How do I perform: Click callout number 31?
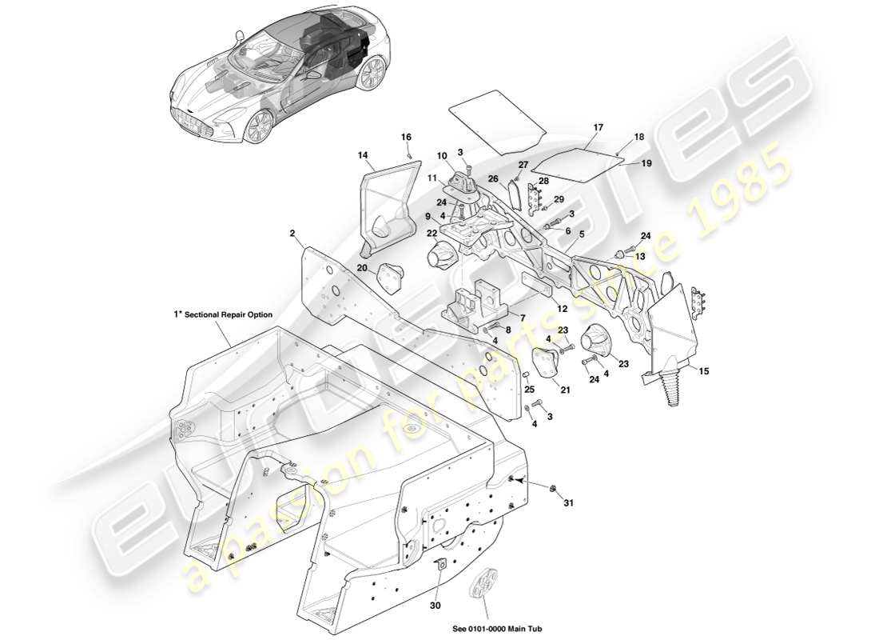[x=568, y=502]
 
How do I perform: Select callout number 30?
[x=435, y=606]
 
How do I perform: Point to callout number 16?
[x=406, y=138]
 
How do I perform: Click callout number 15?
[x=703, y=370]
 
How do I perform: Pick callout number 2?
[x=293, y=234]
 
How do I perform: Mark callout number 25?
[x=528, y=390]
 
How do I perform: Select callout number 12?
[x=563, y=309]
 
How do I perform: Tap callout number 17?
[x=599, y=128]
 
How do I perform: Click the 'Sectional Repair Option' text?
[x=228, y=315]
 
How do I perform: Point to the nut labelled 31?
[x=551, y=486]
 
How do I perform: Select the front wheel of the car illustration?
[x=259, y=126]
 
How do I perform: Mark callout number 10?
[x=442, y=155]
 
